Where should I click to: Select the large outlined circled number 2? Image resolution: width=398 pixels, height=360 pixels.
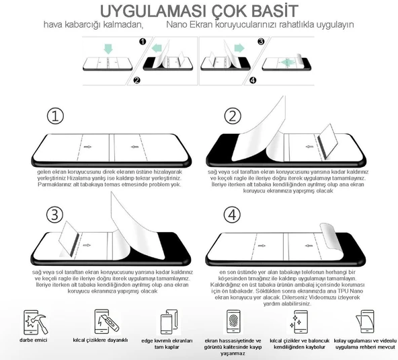233,116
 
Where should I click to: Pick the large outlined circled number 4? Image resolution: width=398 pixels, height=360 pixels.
233,215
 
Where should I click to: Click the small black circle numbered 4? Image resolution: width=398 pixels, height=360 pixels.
253,81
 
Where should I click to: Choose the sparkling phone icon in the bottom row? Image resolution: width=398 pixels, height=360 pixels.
296,321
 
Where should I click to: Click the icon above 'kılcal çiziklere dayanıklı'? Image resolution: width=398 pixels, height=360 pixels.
102,321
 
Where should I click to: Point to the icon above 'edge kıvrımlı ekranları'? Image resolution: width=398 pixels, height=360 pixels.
166,321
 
